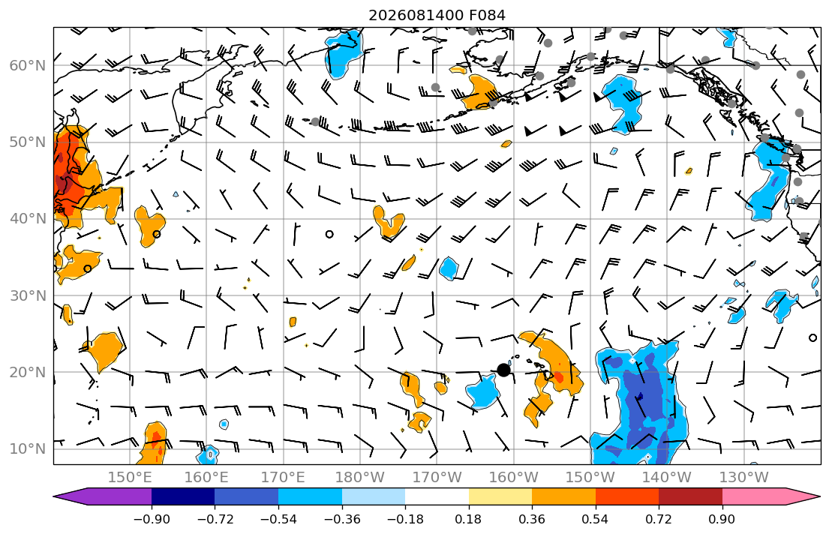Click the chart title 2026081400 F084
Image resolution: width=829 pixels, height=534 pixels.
coord(437,15)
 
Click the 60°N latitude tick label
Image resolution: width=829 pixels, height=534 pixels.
coord(28,65)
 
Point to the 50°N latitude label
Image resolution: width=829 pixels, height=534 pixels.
coord(28,142)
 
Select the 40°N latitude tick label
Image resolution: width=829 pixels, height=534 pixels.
coord(28,219)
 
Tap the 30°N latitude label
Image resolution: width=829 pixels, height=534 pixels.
coord(28,295)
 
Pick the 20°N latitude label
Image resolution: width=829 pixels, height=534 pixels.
coord(28,372)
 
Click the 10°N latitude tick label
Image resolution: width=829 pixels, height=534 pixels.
coord(28,449)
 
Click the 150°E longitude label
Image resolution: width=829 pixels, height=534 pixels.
coord(130,478)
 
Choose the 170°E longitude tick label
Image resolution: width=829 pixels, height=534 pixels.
coord(284,478)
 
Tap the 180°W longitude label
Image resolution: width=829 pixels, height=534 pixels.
coord(360,478)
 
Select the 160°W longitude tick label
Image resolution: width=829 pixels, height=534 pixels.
coord(513,478)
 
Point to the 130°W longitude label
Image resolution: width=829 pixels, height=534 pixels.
coord(744,478)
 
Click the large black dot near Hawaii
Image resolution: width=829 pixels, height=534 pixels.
coord(504,370)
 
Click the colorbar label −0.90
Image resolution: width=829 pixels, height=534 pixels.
coord(152,520)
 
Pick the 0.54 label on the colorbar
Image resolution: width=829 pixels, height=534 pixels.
coord(596,520)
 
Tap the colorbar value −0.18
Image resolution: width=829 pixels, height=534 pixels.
coord(405,520)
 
